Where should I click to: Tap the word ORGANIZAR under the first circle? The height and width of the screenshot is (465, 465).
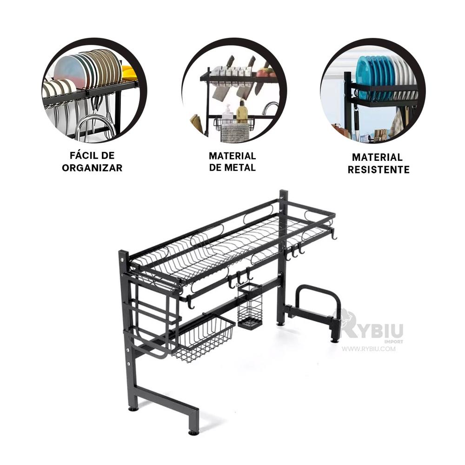[x=92, y=168]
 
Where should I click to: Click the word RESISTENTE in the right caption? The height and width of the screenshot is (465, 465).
[x=379, y=170]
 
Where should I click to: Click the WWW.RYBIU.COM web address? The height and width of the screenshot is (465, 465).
[x=368, y=349]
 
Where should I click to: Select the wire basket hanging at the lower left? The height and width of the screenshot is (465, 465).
[x=204, y=337]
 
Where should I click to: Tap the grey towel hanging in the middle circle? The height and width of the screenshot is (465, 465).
[x=235, y=132]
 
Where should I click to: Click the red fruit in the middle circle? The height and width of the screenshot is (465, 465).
[x=263, y=73]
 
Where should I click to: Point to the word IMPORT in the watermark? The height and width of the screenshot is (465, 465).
[x=393, y=342]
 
